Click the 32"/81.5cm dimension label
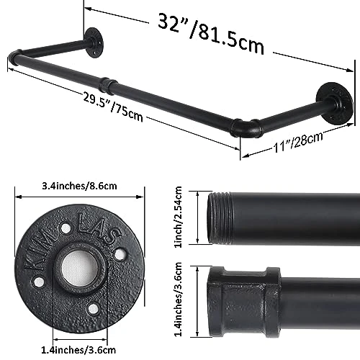tap(211, 34)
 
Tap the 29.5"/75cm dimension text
tap(113, 107)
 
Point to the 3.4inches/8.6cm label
tap(79, 186)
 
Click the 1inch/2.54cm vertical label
tap(178, 217)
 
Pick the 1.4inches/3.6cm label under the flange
tap(78, 350)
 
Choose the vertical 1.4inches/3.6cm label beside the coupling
tap(178, 300)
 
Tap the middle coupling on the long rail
tap(107, 85)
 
